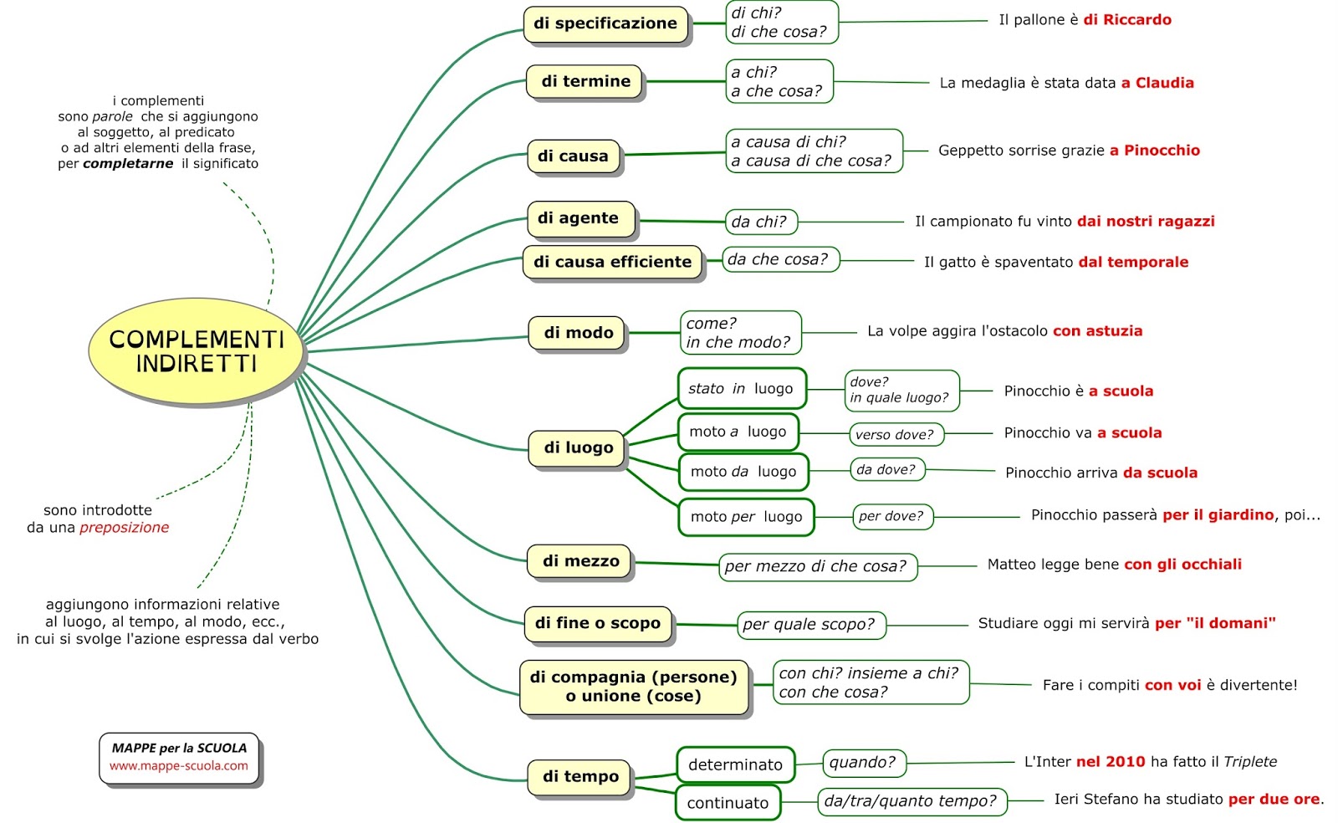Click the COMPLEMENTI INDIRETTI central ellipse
click(197, 351)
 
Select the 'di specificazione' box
click(605, 23)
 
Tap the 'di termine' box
click(585, 81)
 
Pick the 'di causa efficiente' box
click(612, 262)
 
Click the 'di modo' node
click(578, 333)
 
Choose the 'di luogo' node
click(578, 447)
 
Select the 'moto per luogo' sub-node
click(746, 517)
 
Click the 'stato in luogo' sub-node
click(741, 389)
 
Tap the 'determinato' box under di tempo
click(735, 764)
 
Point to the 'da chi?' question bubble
click(759, 222)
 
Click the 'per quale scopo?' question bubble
click(809, 624)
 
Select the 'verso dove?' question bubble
click(895, 434)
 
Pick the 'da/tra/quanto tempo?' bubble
click(911, 801)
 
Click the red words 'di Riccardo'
click(1127, 20)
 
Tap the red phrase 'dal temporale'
click(1133, 262)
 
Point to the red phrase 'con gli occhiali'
click(1182, 565)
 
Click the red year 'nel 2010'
click(1111, 762)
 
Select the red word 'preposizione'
click(125, 528)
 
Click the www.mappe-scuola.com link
click(179, 766)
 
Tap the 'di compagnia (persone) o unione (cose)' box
click(634, 687)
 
